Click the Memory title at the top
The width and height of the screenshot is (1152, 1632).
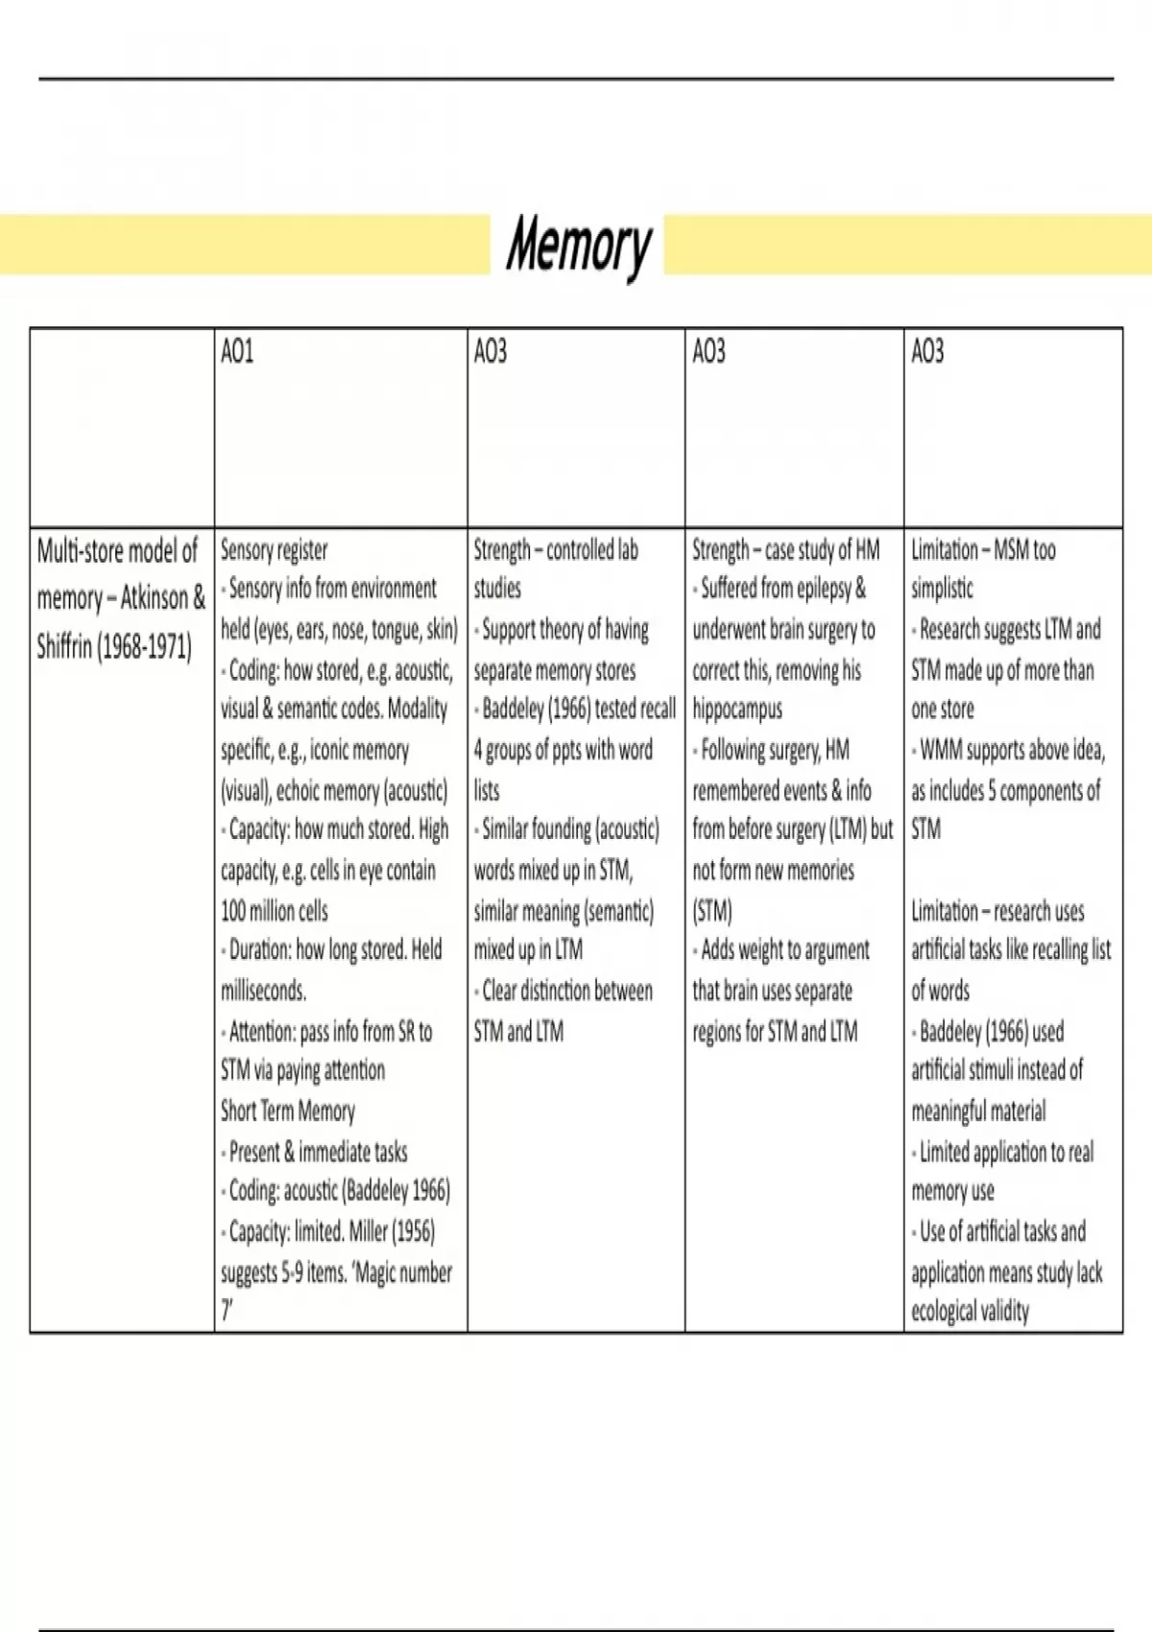578,246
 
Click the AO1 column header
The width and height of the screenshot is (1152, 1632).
237,352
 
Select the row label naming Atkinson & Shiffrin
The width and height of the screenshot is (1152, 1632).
120,598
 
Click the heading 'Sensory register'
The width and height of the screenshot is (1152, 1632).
275,550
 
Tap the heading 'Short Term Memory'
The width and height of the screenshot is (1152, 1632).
288,1111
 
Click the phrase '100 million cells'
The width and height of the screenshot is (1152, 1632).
275,910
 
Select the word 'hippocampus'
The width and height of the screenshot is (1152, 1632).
737,709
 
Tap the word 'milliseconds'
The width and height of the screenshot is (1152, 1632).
263,991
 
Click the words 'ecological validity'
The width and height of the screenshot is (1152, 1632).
970,1311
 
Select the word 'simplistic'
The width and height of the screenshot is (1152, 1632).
942,588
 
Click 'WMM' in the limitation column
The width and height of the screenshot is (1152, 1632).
941,750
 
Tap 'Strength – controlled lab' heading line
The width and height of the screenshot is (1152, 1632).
556,550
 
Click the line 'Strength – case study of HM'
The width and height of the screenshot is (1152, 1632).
786,550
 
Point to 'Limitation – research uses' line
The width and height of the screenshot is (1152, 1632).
997,910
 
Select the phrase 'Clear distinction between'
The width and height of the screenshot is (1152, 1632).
566,991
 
